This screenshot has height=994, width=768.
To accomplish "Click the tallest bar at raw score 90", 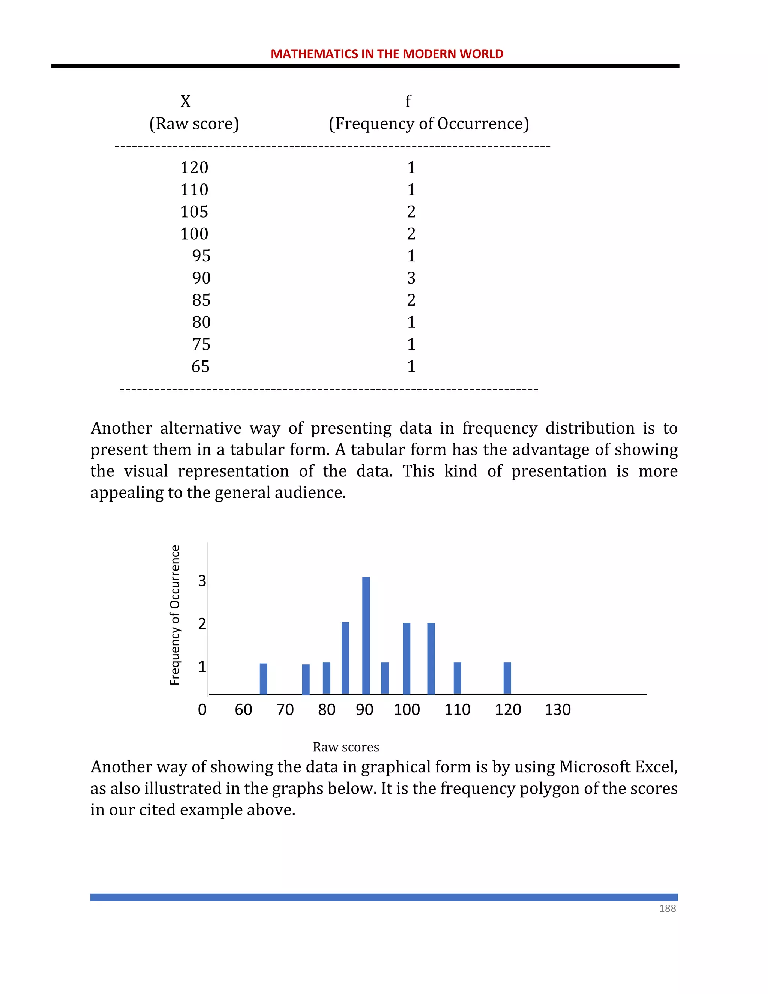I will tap(366, 635).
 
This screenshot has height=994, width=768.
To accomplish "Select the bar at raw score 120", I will tap(507, 678).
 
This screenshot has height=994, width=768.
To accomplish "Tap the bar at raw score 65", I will tap(263, 678).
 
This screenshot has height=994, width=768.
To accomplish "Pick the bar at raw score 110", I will tap(457, 678).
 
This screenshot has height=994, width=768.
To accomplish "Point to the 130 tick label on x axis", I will tap(557, 710).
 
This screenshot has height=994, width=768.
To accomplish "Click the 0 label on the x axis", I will tap(202, 710).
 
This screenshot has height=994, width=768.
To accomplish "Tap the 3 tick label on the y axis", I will tap(202, 581).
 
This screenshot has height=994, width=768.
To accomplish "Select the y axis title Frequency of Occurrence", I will tap(175, 615).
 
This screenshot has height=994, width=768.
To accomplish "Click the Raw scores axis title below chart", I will tap(346, 747).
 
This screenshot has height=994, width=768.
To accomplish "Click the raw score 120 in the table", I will tap(194, 168).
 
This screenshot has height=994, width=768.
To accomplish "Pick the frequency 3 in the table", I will tap(411, 278).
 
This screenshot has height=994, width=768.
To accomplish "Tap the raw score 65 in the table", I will tap(200, 366).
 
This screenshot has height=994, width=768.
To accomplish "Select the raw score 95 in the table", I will tap(201, 256).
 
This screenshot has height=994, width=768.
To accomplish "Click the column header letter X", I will tap(185, 101).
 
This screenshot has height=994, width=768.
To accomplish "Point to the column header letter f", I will tap(408, 101).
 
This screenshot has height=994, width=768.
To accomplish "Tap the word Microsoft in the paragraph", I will tap(594, 767).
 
